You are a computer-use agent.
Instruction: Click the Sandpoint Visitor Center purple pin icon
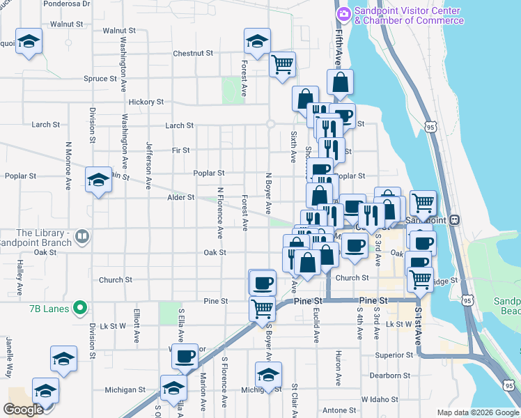pos(343,14)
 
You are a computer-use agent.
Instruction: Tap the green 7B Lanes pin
pos(80,307)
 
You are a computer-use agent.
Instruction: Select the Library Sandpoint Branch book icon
pos(82,237)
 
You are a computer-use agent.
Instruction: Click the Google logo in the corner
pos(23,410)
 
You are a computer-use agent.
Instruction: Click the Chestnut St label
pos(193,54)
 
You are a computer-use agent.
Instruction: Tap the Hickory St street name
pos(146,102)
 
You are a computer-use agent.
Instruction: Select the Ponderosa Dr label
pos(67,3)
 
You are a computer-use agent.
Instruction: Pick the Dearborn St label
pos(387,376)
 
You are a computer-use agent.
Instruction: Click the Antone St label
pos(339,410)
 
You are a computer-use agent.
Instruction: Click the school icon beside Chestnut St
pos(257,42)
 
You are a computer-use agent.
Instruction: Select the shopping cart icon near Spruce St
pos(282,65)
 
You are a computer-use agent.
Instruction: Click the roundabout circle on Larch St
pos(270,125)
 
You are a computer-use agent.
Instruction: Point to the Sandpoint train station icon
pos(454,219)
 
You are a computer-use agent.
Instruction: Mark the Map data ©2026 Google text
pos(478,412)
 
